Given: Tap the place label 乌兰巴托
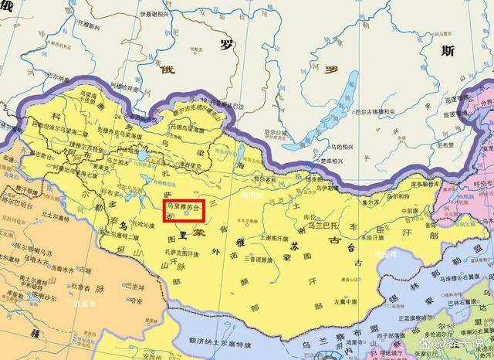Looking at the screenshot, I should [x=317, y=226].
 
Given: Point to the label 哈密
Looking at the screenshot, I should [x=136, y=301].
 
